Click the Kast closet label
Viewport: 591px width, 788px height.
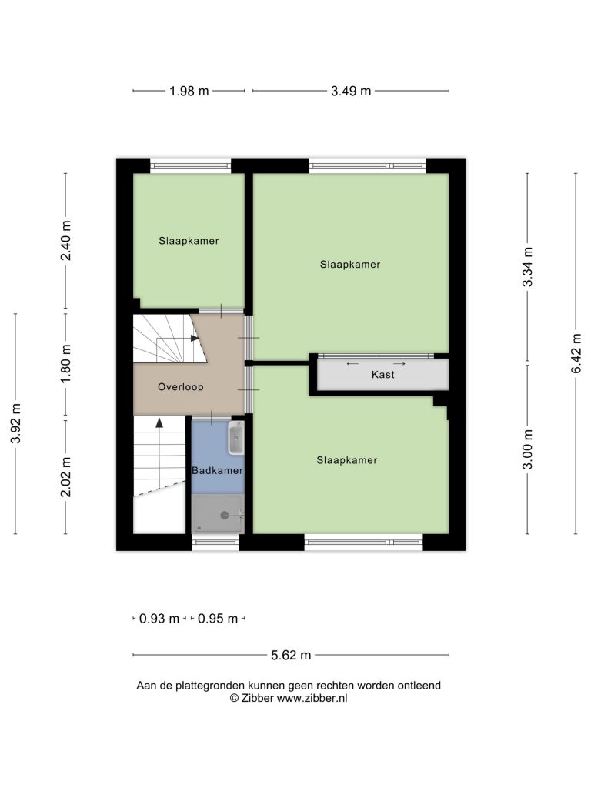point(383,375)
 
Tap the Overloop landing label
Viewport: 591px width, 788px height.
point(180,387)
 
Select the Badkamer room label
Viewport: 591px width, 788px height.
point(217,470)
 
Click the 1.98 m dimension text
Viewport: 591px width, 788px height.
point(189,91)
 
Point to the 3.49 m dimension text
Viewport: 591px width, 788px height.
point(351,91)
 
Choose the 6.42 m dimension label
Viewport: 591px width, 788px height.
point(576,353)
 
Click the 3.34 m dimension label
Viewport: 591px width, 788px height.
point(527,267)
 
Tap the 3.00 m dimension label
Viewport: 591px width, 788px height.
point(527,449)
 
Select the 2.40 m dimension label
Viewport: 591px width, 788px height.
point(65,240)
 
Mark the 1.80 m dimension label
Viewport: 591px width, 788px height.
point(65,363)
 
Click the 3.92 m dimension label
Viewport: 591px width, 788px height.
point(15,423)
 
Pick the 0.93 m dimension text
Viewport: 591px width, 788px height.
point(159,619)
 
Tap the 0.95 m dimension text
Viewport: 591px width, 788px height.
point(218,619)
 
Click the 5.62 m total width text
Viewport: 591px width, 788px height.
point(291,656)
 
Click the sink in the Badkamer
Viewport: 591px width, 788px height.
point(235,438)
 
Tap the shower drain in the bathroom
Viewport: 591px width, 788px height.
point(225,515)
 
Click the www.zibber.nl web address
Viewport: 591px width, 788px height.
point(312,698)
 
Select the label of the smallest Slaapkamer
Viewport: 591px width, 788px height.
point(189,241)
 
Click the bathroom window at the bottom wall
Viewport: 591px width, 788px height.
point(215,542)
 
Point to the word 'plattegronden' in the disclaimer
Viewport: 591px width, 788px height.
point(209,686)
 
